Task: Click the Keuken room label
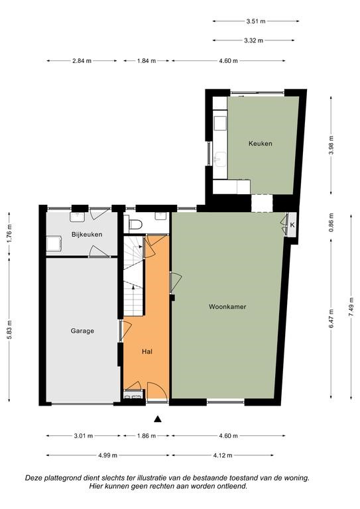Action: click(260, 143)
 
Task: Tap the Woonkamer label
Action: click(227, 306)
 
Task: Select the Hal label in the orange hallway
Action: click(147, 351)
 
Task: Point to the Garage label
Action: click(82, 331)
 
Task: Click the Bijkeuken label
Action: click(87, 235)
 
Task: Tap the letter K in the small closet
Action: click(292, 225)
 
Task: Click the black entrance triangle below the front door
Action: click(158, 419)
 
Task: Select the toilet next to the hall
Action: click(136, 224)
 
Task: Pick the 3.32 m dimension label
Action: click(253, 40)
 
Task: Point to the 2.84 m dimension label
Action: click(82, 61)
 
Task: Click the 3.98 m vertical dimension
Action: click(331, 144)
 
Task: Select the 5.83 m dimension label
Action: click(9, 330)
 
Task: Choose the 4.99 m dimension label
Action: click(108, 455)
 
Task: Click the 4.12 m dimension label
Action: click(223, 455)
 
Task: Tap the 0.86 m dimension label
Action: click(331, 223)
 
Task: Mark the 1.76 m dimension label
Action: click(9, 234)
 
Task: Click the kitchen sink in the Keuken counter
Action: click(220, 159)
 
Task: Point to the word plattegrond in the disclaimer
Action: click(65, 478)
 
